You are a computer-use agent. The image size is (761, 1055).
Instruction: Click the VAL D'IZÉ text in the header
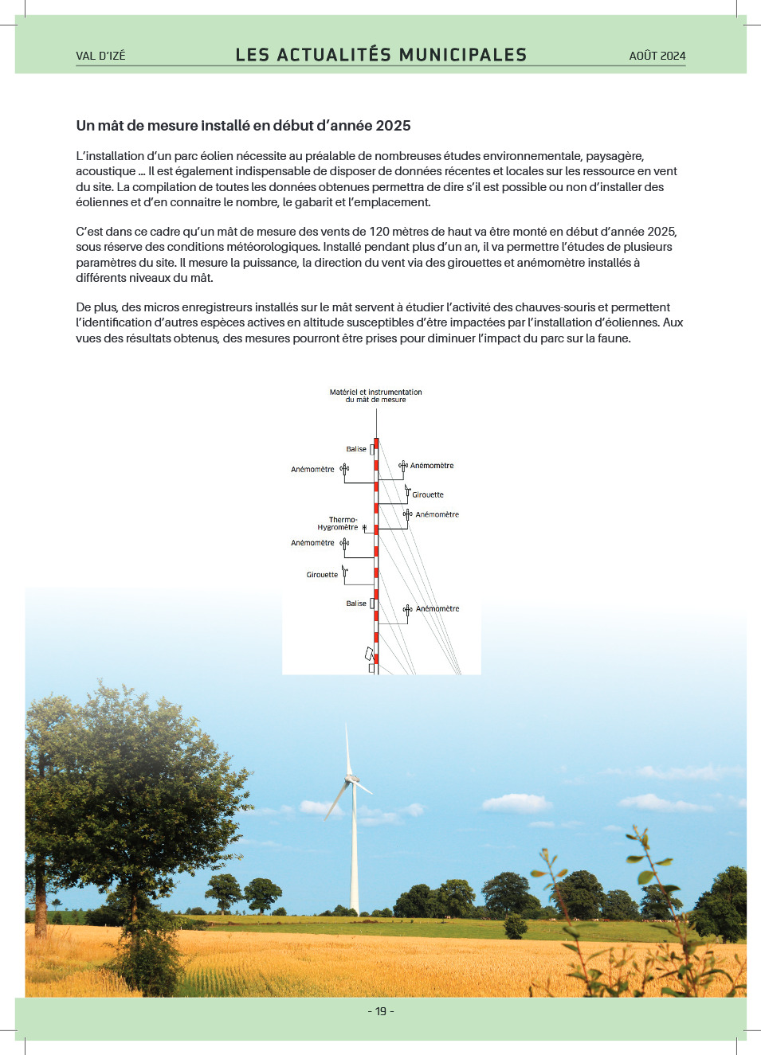tap(100, 56)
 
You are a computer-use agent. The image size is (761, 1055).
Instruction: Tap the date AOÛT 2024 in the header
tap(657, 56)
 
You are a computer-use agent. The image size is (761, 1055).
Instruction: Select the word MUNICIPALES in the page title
tap(463, 55)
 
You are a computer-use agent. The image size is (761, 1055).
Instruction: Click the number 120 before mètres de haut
tap(379, 232)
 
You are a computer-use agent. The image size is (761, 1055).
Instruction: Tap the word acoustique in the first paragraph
tap(105, 171)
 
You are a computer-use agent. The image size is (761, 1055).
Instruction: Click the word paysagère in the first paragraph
tap(614, 156)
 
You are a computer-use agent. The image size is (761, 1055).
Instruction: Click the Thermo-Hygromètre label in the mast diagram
tap(339, 523)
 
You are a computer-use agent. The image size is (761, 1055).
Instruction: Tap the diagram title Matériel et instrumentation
tap(375, 392)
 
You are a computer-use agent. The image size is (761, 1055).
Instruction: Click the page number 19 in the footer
tap(381, 1011)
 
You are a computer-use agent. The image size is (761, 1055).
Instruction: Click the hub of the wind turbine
tap(351, 778)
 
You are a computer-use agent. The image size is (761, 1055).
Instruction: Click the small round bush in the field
tap(516, 926)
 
